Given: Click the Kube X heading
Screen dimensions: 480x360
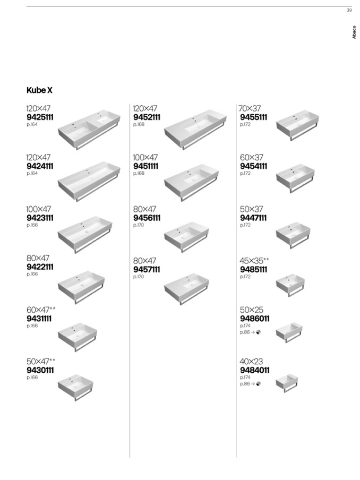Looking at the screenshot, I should point(39,90).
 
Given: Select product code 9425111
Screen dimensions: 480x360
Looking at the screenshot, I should point(40,117).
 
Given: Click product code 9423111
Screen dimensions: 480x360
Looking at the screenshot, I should point(40,218).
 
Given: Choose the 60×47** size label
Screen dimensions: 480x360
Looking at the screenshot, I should point(41,310).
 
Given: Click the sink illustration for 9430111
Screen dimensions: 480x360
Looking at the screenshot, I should point(75,388).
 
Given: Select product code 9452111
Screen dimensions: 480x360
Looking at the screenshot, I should point(147,117).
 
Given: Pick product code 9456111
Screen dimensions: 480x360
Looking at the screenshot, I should point(147,218).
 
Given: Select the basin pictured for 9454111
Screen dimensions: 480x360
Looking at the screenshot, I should point(295,178).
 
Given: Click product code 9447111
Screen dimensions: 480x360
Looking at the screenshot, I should point(253,218).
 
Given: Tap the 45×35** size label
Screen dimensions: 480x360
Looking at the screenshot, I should point(254,261).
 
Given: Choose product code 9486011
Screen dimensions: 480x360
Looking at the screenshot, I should point(254,319).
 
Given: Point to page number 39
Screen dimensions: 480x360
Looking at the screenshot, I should point(349,10).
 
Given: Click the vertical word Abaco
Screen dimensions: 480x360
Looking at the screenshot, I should point(354,32).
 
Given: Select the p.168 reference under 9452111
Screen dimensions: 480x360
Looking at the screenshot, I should point(139,124).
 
